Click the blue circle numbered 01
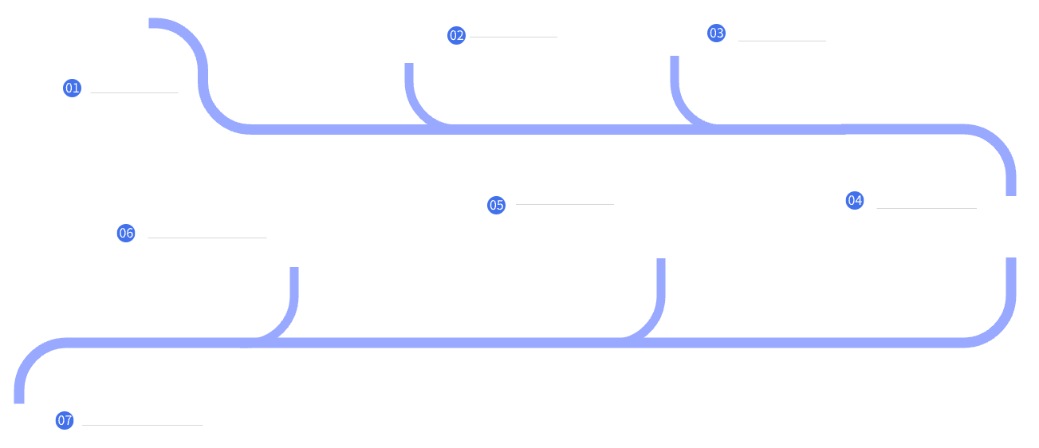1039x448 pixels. tap(73, 88)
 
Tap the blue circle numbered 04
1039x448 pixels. tap(854, 200)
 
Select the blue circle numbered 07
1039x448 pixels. tap(65, 419)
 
